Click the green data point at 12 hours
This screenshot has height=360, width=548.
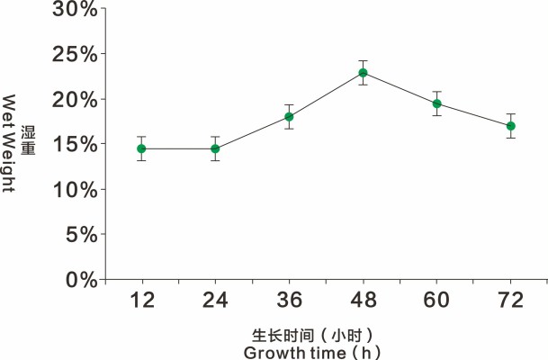click(141, 148)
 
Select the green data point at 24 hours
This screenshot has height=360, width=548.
click(215, 148)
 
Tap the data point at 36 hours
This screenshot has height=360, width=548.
click(289, 117)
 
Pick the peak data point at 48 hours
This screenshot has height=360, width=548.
click(363, 73)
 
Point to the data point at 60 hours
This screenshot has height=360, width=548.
click(436, 103)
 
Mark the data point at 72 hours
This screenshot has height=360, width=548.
click(510, 126)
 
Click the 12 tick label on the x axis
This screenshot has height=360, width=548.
click(141, 301)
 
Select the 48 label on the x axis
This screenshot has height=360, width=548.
click(363, 301)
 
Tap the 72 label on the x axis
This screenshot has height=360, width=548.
click(510, 301)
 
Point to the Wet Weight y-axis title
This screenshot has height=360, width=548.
click(11, 144)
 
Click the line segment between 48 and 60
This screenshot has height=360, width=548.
click(400, 88)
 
